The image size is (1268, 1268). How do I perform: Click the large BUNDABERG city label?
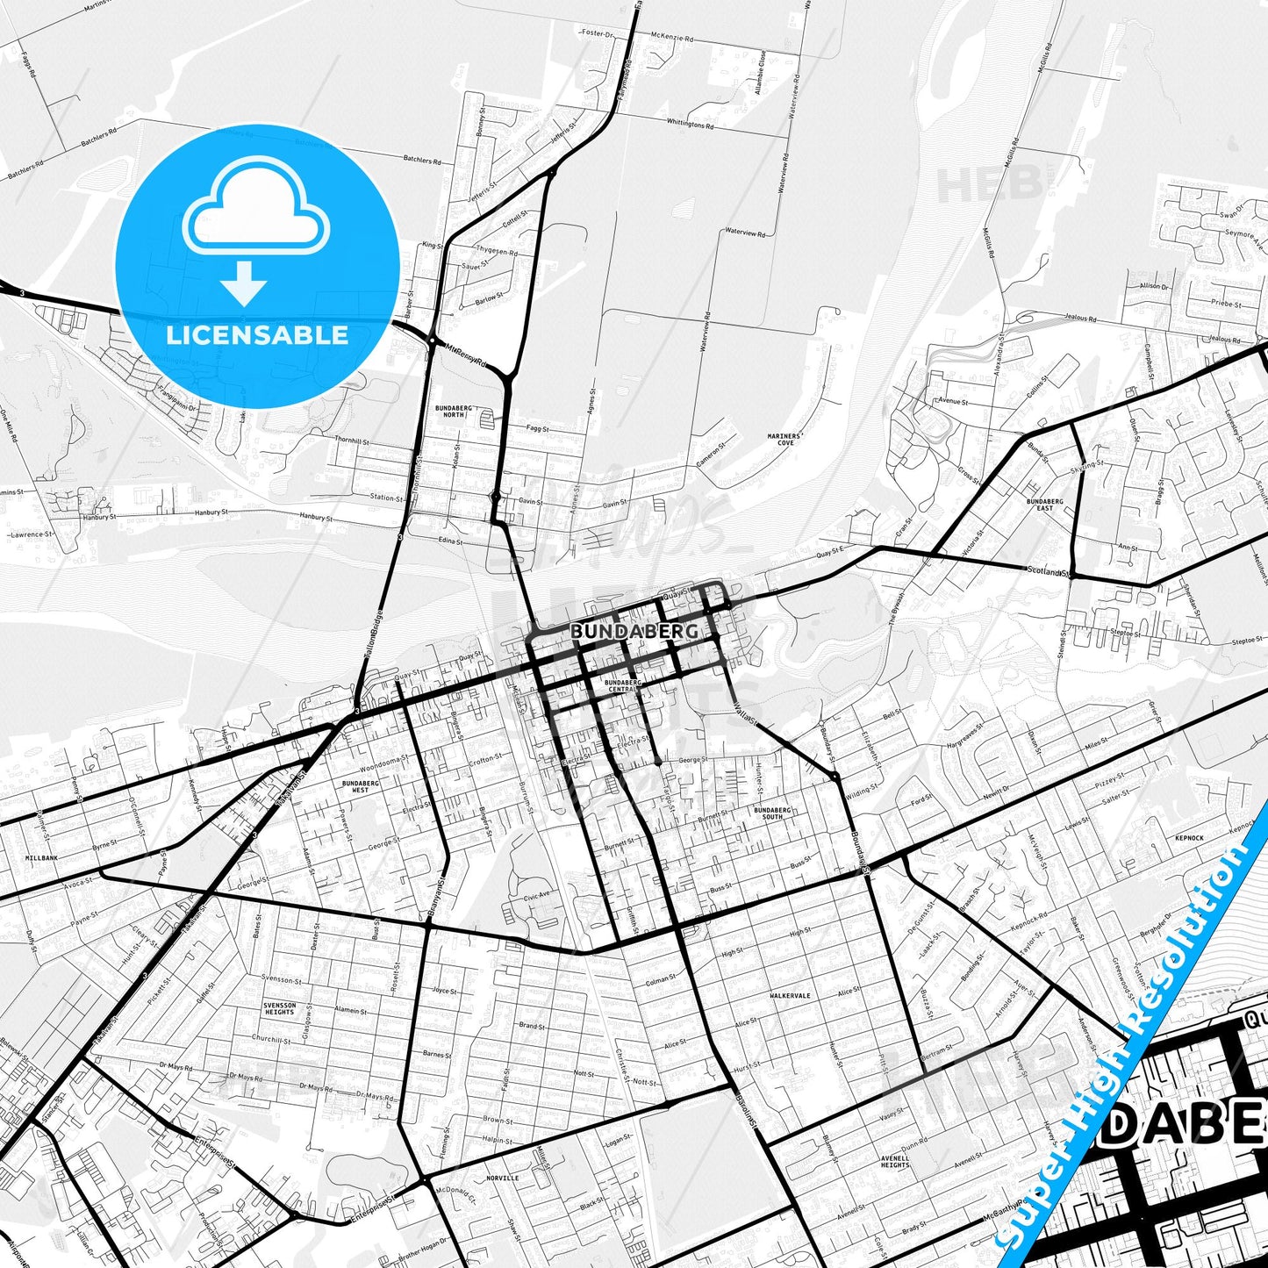(x=634, y=631)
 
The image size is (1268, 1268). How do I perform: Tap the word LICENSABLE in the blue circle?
(x=257, y=334)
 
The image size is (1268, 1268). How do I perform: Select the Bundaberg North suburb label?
(x=454, y=412)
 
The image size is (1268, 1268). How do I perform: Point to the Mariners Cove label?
(x=784, y=439)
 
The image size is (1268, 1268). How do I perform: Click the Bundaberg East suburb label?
(x=1044, y=505)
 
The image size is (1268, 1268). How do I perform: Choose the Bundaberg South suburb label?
(x=772, y=813)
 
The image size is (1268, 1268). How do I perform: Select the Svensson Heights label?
(x=280, y=1008)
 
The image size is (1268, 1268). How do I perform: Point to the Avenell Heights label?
(x=895, y=1161)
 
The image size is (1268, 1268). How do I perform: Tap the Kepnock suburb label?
(x=1189, y=838)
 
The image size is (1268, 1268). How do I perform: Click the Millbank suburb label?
(x=41, y=857)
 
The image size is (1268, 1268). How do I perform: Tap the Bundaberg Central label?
(x=622, y=685)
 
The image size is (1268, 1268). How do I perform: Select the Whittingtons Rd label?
(x=690, y=124)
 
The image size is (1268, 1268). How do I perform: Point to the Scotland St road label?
(x=1049, y=571)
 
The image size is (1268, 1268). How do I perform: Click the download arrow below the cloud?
(x=244, y=283)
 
